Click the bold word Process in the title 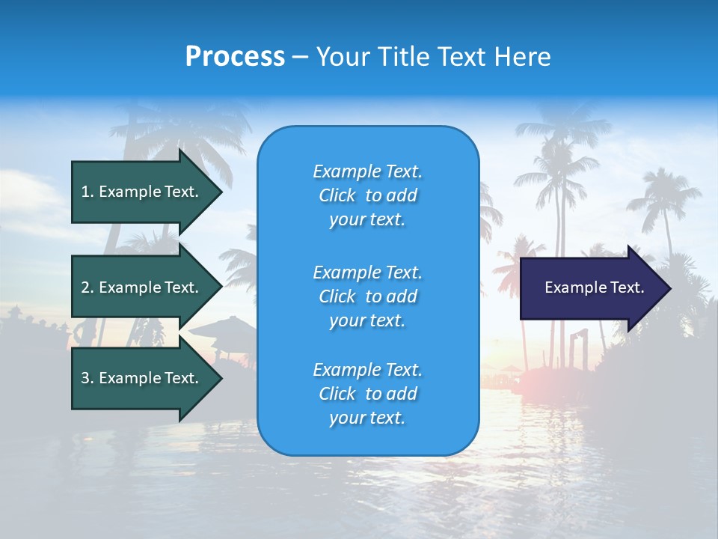tap(235, 57)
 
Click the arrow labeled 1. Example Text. tap(142, 192)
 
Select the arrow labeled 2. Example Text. tap(142, 287)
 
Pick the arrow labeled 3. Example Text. tap(142, 378)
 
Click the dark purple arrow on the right tap(591, 288)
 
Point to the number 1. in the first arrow tap(88, 192)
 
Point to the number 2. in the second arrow tap(88, 287)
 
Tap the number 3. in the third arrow tap(88, 378)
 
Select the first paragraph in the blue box tap(367, 195)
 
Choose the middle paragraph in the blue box tap(367, 296)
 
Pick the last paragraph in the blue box tap(367, 394)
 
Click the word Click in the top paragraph tap(337, 195)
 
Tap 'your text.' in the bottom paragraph tap(367, 418)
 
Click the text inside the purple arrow tap(594, 287)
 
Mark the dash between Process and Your tap(300, 57)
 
